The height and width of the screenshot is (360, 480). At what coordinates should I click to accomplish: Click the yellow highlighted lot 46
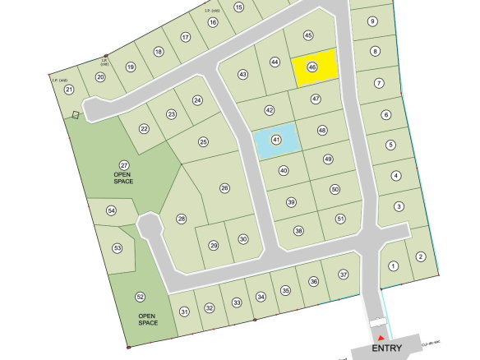click(x=316, y=67)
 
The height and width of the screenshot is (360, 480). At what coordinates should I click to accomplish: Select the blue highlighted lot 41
click(x=276, y=141)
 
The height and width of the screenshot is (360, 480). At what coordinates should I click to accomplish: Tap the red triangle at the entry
click(x=380, y=336)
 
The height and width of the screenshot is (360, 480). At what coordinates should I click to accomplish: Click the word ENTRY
click(x=387, y=348)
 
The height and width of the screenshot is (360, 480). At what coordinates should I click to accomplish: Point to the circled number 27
click(x=124, y=165)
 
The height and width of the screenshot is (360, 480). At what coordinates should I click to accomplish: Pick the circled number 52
click(x=141, y=297)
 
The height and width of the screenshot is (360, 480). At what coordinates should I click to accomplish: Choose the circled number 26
click(x=224, y=188)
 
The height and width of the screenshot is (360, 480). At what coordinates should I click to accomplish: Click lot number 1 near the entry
click(x=393, y=265)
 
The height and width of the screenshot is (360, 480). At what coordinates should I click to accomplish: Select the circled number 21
click(x=69, y=90)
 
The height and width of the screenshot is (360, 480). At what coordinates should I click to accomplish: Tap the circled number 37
click(x=344, y=275)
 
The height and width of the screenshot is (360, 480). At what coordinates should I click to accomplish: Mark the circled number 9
click(x=372, y=21)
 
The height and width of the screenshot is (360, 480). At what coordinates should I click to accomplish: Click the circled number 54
click(x=112, y=211)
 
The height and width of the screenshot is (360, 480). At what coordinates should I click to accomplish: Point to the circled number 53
click(x=118, y=247)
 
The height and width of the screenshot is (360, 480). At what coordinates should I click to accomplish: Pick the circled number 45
click(x=308, y=35)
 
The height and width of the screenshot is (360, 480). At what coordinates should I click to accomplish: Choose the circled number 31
click(x=184, y=311)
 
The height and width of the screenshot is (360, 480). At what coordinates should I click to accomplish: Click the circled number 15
click(x=239, y=7)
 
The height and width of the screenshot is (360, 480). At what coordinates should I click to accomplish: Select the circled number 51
click(x=340, y=219)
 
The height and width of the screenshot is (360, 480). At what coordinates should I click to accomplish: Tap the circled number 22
click(x=144, y=129)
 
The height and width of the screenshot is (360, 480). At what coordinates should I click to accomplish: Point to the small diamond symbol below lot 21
click(x=76, y=115)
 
